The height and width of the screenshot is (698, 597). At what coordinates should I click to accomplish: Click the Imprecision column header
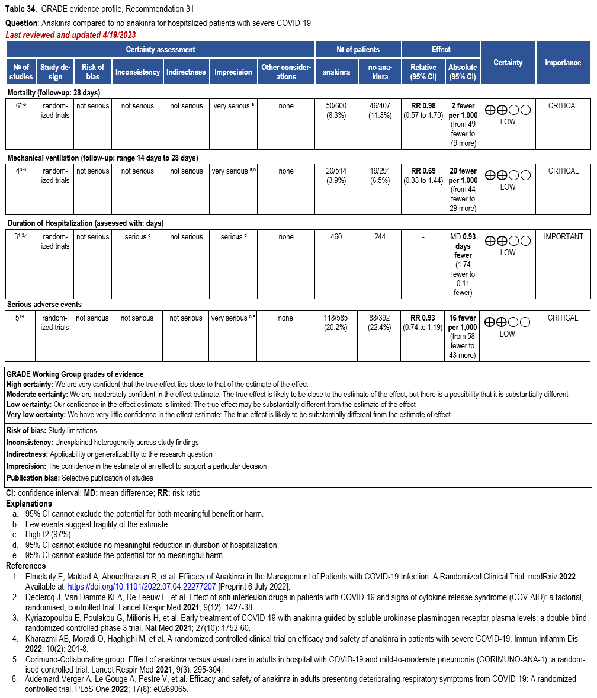click(233, 72)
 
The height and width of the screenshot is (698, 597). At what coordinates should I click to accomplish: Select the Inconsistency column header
click(137, 72)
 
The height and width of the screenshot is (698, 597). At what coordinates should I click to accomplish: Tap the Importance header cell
click(563, 62)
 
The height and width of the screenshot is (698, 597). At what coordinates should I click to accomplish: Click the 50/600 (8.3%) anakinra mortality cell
click(336, 110)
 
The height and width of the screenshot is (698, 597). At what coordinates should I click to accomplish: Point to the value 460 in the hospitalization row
click(336, 236)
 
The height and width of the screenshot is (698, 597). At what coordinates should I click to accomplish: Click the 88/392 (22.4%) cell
click(380, 322)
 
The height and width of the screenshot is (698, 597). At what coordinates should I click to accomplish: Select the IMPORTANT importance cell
click(563, 236)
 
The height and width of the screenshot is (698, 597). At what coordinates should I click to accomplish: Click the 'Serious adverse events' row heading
click(44, 305)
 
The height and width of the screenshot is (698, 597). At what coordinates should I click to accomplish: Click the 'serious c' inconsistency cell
click(137, 236)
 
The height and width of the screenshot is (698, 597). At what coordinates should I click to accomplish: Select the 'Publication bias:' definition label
click(33, 478)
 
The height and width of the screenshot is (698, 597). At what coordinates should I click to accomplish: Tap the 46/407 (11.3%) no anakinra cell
click(380, 110)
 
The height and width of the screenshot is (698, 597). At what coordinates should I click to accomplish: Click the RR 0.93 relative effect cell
click(423, 318)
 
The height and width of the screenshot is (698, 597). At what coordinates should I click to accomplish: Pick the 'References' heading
click(26, 566)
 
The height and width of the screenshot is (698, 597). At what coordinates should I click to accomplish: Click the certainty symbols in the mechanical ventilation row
click(508, 175)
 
